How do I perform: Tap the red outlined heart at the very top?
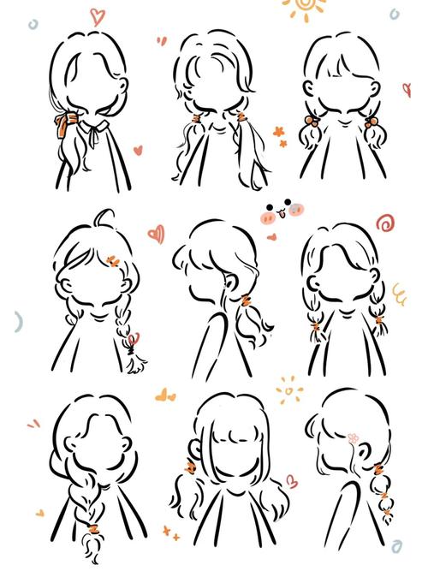[97, 15]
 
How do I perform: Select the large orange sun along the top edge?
[304, 8]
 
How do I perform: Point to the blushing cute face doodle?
[282, 211]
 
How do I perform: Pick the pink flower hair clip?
[353, 438]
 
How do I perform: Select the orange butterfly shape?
[164, 395]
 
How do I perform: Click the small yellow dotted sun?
[289, 390]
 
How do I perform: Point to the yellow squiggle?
[398, 294]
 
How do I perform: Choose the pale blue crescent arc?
[16, 322]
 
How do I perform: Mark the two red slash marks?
[33, 423]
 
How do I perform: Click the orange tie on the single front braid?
[88, 517]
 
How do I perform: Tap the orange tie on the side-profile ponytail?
[246, 299]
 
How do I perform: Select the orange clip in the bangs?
[113, 260]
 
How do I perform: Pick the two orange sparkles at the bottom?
[170, 533]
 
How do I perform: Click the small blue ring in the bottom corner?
[396, 545]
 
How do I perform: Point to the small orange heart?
[39, 513]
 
